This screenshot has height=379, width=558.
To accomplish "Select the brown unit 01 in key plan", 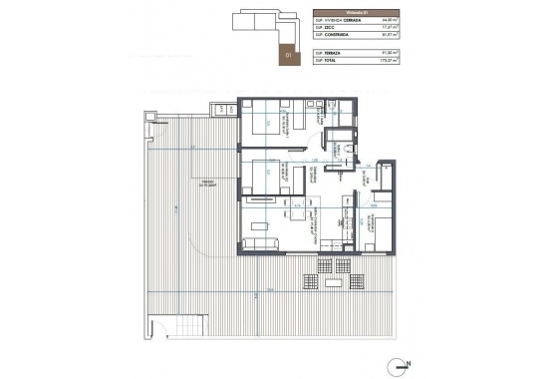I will (x=291, y=55).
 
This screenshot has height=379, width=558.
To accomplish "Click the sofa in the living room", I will (x=263, y=243).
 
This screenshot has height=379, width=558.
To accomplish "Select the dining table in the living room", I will (x=297, y=212).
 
